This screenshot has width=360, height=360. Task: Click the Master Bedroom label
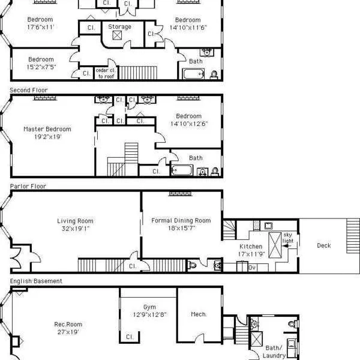47,129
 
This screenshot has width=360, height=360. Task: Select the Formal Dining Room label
181,221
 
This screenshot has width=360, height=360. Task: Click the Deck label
323,245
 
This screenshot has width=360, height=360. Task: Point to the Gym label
149,307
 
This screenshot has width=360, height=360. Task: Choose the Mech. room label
199,314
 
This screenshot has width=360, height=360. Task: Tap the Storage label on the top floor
119,27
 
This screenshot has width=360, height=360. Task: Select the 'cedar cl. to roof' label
106,73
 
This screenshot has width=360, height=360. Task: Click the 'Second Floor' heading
28,90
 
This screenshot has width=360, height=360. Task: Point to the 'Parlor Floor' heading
28,186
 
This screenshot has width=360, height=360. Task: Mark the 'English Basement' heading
35,281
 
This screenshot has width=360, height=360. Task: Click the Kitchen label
250,247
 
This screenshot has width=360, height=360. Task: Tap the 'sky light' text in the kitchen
287,237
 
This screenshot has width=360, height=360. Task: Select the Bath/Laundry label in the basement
274,352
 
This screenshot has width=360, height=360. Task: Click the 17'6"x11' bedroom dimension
40,27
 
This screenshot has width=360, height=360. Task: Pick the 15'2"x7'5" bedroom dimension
41,67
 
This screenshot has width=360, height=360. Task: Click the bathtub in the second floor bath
182,170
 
